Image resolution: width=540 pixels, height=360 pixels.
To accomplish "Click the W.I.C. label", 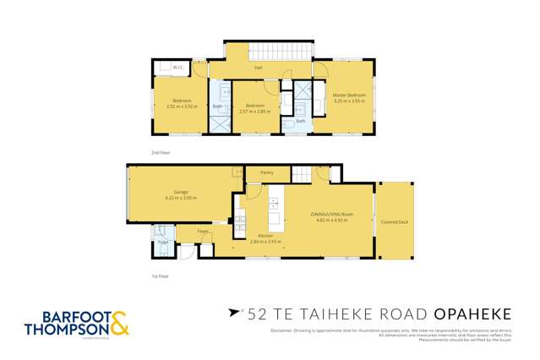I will tap(177, 68).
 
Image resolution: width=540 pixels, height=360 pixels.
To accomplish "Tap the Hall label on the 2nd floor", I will tap(258, 68).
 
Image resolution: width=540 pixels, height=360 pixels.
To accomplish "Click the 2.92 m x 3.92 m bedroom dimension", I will tap(179, 106).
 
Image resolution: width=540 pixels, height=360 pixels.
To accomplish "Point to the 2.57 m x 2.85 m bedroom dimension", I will tap(256, 112).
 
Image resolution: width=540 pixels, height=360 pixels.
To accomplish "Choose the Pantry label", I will tap(266, 173).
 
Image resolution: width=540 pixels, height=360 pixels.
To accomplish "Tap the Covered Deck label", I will tap(395, 221).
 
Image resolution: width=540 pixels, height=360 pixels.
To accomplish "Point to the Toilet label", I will tap(162, 243).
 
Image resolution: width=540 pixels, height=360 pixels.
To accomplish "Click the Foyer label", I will tap(203, 231).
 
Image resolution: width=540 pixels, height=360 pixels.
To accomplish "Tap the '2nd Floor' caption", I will tap(161, 152).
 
